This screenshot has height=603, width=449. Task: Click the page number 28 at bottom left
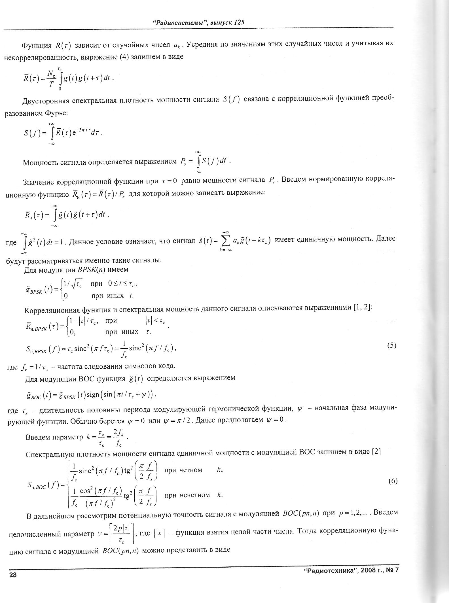click(13, 575)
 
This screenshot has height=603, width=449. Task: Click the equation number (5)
click(391, 346)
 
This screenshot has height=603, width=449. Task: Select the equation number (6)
click(393, 481)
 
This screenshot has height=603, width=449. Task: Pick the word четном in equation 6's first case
click(190, 470)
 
